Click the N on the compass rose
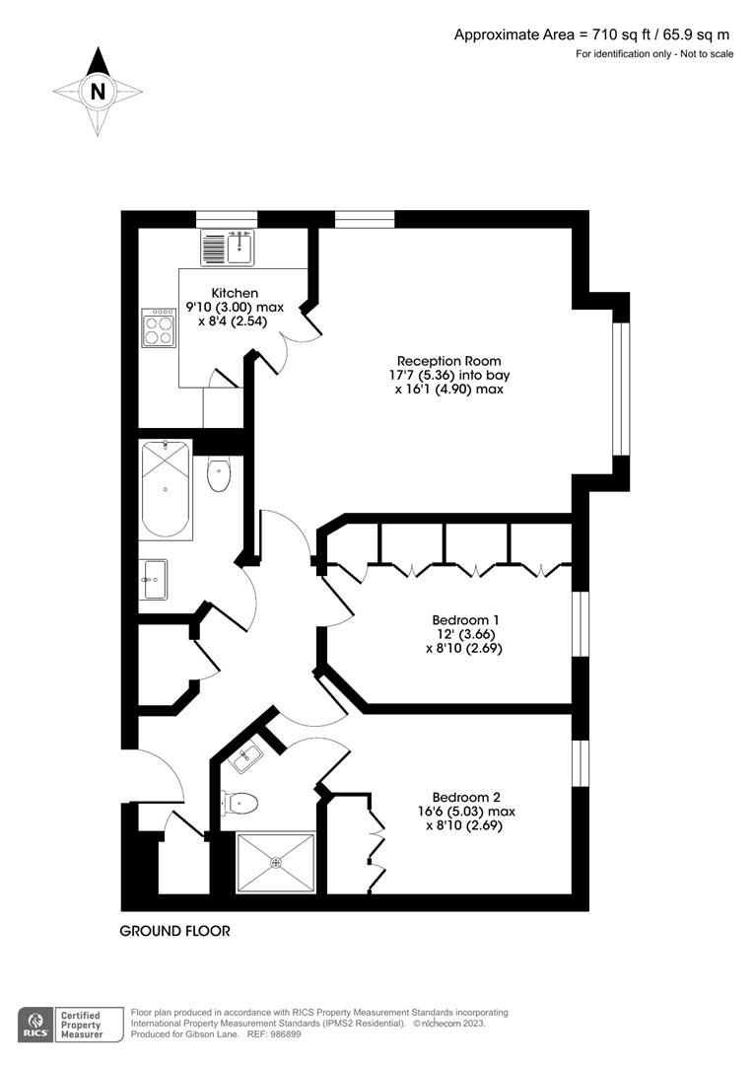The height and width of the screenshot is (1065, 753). tap(97, 92)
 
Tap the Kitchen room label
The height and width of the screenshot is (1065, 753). tap(235, 293)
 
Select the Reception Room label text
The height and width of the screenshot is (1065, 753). tap(448, 361)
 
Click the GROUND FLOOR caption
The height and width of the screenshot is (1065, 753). tap(174, 931)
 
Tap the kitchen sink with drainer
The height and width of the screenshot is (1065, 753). tap(228, 248)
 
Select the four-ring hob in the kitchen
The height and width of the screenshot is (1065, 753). tap(159, 327)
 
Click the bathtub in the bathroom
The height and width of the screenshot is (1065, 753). tap(166, 489)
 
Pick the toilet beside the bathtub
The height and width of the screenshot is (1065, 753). tap(219, 474)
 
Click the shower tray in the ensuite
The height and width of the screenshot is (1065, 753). tap(276, 863)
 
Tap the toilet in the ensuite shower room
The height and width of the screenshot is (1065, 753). tap(240, 803)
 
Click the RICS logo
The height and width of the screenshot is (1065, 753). tap(36, 1023)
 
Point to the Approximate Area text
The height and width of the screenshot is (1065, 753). tap(592, 35)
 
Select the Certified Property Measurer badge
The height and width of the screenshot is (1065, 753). tap(82, 1023)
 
